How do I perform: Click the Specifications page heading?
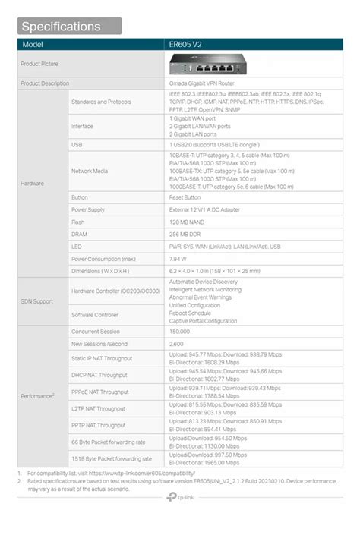pyautogui.click(x=61, y=27)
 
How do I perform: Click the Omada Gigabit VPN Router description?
pyautogui.click(x=201, y=83)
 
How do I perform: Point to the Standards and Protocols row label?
pyautogui.click(x=101, y=102)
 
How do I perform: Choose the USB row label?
pyautogui.click(x=77, y=144)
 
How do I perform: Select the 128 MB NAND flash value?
pyautogui.click(x=186, y=222)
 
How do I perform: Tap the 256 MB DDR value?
pyautogui.click(x=185, y=234)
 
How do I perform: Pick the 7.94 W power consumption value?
pyautogui.click(x=179, y=259)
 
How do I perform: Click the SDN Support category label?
pyautogui.click(x=36, y=301)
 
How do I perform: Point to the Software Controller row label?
pyautogui.click(x=94, y=314)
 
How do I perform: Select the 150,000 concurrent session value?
pyautogui.click(x=180, y=332)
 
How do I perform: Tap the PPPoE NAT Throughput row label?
pyautogui.click(x=99, y=392)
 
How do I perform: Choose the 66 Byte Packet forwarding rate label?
pyautogui.click(x=108, y=442)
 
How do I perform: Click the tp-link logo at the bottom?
pyautogui.click(x=180, y=498)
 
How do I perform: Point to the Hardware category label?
pyautogui.click(x=32, y=184)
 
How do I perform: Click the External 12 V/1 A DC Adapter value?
pyautogui.click(x=204, y=209)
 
